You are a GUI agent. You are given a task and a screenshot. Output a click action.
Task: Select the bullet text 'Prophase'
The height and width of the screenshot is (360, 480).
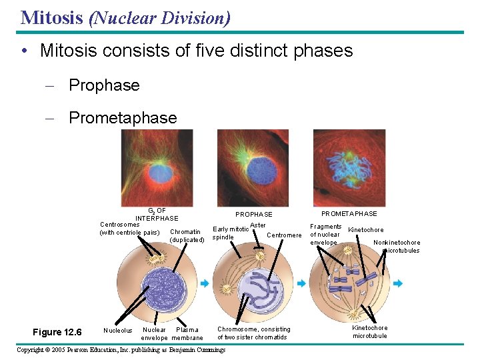(104, 85)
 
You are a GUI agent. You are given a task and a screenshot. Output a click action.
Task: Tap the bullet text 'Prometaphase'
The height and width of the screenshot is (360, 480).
(123, 118)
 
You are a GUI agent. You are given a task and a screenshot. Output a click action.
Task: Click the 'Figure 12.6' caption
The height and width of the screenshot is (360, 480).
(57, 332)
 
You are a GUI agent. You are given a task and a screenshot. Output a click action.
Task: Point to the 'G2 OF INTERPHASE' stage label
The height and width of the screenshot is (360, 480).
(157, 214)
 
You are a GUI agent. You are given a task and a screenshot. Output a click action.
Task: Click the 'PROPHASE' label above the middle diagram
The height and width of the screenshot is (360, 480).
(253, 214)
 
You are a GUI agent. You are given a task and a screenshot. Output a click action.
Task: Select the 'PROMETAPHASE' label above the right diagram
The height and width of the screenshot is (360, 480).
(349, 213)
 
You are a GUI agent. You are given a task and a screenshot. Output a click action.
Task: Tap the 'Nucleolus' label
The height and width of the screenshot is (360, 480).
(118, 330)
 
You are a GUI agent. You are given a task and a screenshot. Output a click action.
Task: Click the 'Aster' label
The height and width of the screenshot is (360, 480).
(257, 225)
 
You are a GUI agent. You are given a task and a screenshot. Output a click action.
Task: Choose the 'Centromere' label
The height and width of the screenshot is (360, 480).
(284, 235)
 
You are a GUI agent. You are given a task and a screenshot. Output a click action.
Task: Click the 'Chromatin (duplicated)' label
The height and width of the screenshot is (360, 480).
(187, 236)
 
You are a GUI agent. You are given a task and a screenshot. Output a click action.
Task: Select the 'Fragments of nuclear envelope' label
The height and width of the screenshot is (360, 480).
(325, 235)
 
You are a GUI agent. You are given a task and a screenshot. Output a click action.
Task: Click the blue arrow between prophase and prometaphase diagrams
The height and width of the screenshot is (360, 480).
(301, 283)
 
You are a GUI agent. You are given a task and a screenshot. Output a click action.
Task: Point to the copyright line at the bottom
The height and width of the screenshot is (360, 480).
(121, 350)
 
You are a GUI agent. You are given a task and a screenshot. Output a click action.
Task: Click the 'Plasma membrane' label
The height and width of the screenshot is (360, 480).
(187, 334)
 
